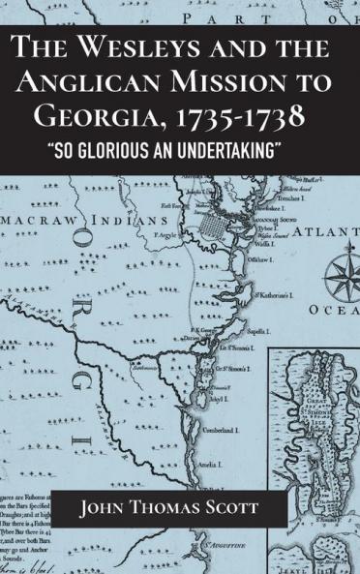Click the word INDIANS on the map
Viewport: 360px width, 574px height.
(138, 221)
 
